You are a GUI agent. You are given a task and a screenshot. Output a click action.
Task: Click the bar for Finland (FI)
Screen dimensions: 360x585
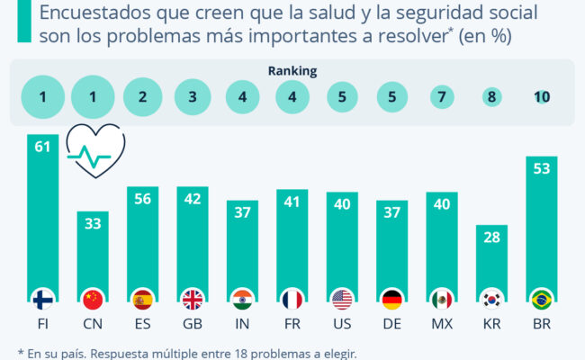pos(42,216)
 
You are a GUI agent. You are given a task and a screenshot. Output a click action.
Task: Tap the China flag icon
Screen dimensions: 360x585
pos(92,299)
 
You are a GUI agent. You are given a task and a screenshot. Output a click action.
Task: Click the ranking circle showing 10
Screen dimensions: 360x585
pos(542,97)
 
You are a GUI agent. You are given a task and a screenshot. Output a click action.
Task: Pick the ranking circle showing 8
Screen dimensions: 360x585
pos(491,97)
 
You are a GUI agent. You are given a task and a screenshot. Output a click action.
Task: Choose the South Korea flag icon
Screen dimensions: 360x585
pos(491,299)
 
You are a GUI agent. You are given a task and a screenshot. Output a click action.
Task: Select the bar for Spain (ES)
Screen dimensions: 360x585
pos(142,243)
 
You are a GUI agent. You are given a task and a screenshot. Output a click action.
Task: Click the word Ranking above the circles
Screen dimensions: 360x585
pos(292,70)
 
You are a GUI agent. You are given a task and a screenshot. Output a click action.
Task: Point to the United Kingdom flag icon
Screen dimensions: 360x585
pos(192,299)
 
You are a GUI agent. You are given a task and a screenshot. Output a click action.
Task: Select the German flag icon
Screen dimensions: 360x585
pos(392,299)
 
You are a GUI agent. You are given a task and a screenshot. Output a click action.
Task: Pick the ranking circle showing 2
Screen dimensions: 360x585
pos(142,97)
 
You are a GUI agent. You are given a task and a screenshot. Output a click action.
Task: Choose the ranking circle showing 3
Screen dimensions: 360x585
pos(192,97)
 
